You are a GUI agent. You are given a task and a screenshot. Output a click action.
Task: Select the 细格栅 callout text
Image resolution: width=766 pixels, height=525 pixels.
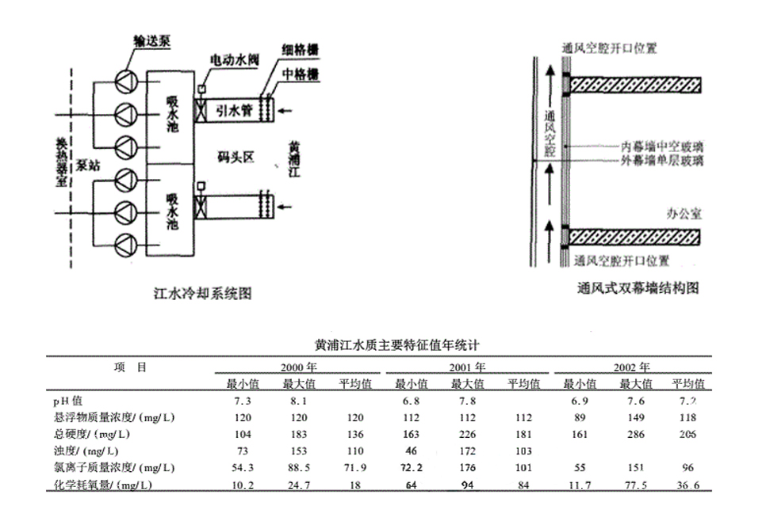pyautogui.click(x=301, y=49)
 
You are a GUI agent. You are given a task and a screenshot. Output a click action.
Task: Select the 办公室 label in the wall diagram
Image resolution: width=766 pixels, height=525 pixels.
pyautogui.click(x=683, y=215)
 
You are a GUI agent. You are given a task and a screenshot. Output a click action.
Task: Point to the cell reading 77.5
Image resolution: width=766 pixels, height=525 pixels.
pyautogui.click(x=636, y=484)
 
